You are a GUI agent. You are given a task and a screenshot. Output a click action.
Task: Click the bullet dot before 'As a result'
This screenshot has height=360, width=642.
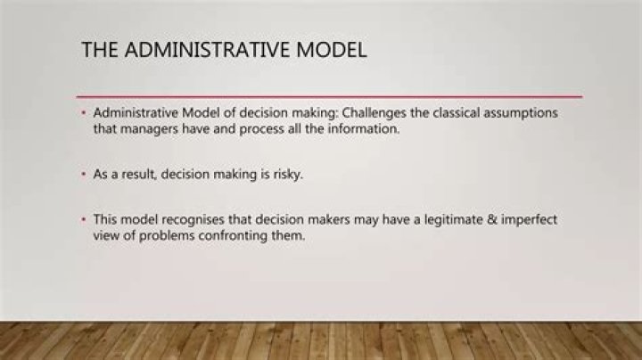84,175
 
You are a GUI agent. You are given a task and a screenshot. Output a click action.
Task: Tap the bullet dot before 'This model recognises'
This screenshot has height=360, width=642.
84,220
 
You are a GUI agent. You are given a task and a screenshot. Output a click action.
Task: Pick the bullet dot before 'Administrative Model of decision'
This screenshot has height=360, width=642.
84,114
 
